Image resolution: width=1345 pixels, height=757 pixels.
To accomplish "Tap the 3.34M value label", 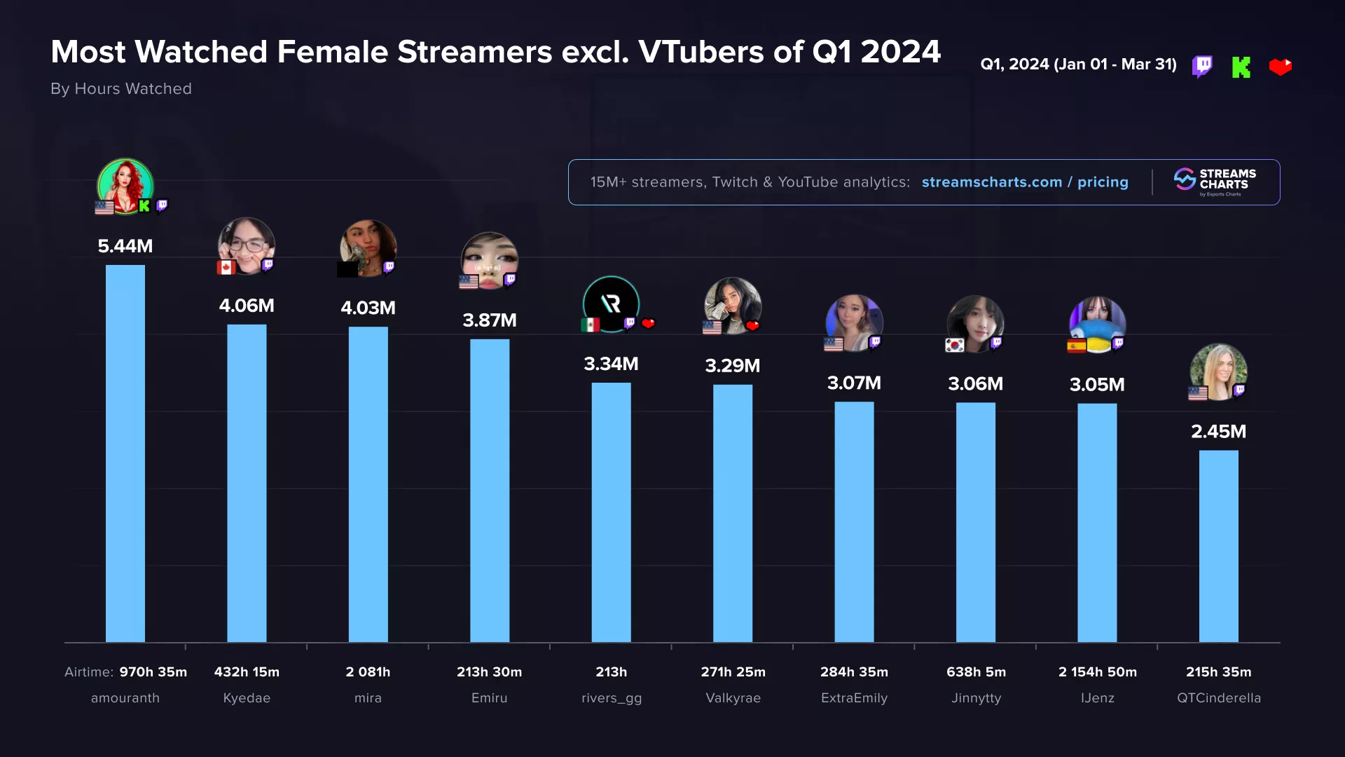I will click(x=611, y=364).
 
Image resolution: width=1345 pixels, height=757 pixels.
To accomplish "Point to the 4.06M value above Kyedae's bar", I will click(x=247, y=306).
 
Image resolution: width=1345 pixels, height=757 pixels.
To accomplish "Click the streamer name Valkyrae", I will click(x=733, y=698).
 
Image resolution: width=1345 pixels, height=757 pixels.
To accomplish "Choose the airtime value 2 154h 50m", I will click(x=1097, y=671).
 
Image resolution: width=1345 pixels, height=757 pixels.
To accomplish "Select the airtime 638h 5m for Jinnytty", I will click(x=976, y=671).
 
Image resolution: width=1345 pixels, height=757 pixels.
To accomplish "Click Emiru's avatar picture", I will click(x=489, y=259).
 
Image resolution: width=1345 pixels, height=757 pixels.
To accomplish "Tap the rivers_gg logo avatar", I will click(x=611, y=304).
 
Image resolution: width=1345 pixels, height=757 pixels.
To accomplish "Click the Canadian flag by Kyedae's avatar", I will click(x=226, y=267).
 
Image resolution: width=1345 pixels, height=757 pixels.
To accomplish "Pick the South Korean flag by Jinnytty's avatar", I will click(x=954, y=345).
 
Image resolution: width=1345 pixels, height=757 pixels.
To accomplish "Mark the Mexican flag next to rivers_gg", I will click(x=590, y=325).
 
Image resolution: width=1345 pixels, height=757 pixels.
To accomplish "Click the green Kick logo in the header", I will click(x=1241, y=67).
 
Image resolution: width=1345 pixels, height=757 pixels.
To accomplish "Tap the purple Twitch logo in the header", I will click(x=1202, y=67).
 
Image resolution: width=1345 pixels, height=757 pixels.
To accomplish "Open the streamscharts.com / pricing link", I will click(x=1024, y=182).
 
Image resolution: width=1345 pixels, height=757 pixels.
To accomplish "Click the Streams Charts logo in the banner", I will click(x=1215, y=182).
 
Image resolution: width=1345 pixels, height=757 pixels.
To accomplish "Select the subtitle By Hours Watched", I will click(x=121, y=89).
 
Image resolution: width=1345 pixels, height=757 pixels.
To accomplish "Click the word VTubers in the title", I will click(x=701, y=52).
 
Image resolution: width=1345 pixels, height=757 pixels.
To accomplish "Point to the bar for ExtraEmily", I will click(x=854, y=521).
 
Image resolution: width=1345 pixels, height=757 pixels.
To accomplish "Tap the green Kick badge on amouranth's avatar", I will click(x=144, y=206).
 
